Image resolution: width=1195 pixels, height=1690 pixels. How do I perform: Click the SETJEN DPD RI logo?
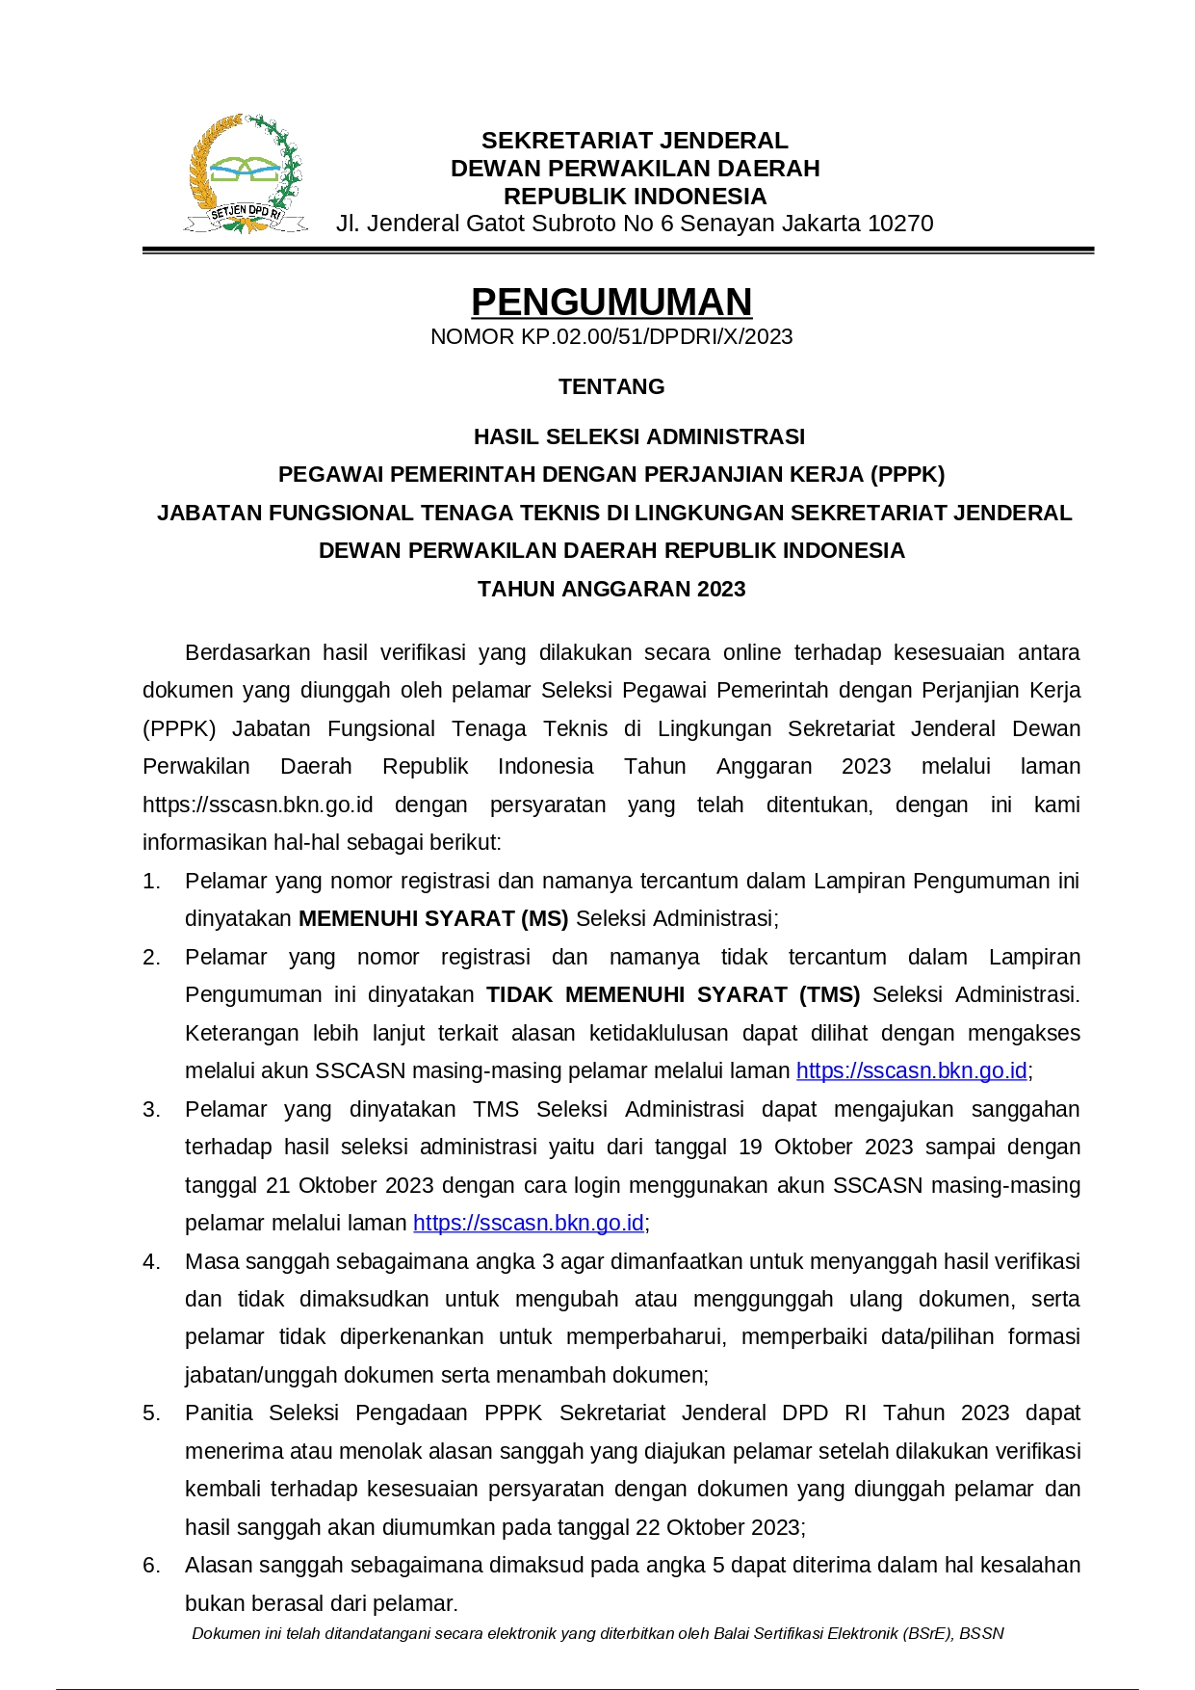pyautogui.click(x=247, y=174)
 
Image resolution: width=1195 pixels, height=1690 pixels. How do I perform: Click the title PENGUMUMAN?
pyautogui.click(x=611, y=303)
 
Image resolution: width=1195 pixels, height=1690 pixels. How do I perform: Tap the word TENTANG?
pyautogui.click(x=611, y=387)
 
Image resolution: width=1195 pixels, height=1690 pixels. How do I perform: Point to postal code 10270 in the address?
pyautogui.click(x=900, y=224)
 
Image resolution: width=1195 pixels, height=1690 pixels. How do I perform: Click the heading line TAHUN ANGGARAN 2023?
pyautogui.click(x=611, y=590)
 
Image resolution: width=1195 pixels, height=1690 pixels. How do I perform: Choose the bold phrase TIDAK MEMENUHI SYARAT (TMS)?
pyautogui.click(x=673, y=995)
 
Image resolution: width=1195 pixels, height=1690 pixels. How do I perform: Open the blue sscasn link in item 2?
pyautogui.click(x=911, y=1071)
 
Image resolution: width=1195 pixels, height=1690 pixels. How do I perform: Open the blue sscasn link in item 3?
pyautogui.click(x=528, y=1224)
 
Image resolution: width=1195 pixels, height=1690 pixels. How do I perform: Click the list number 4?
pyautogui.click(x=151, y=1262)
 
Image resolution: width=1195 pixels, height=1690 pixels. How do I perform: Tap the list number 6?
pyautogui.click(x=151, y=1566)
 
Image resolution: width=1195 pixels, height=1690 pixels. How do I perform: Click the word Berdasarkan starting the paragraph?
pyautogui.click(x=247, y=653)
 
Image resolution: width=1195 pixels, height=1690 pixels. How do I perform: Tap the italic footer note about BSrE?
pyautogui.click(x=597, y=1634)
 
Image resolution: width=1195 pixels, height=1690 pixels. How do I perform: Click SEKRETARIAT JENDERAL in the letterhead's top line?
pyautogui.click(x=635, y=141)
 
